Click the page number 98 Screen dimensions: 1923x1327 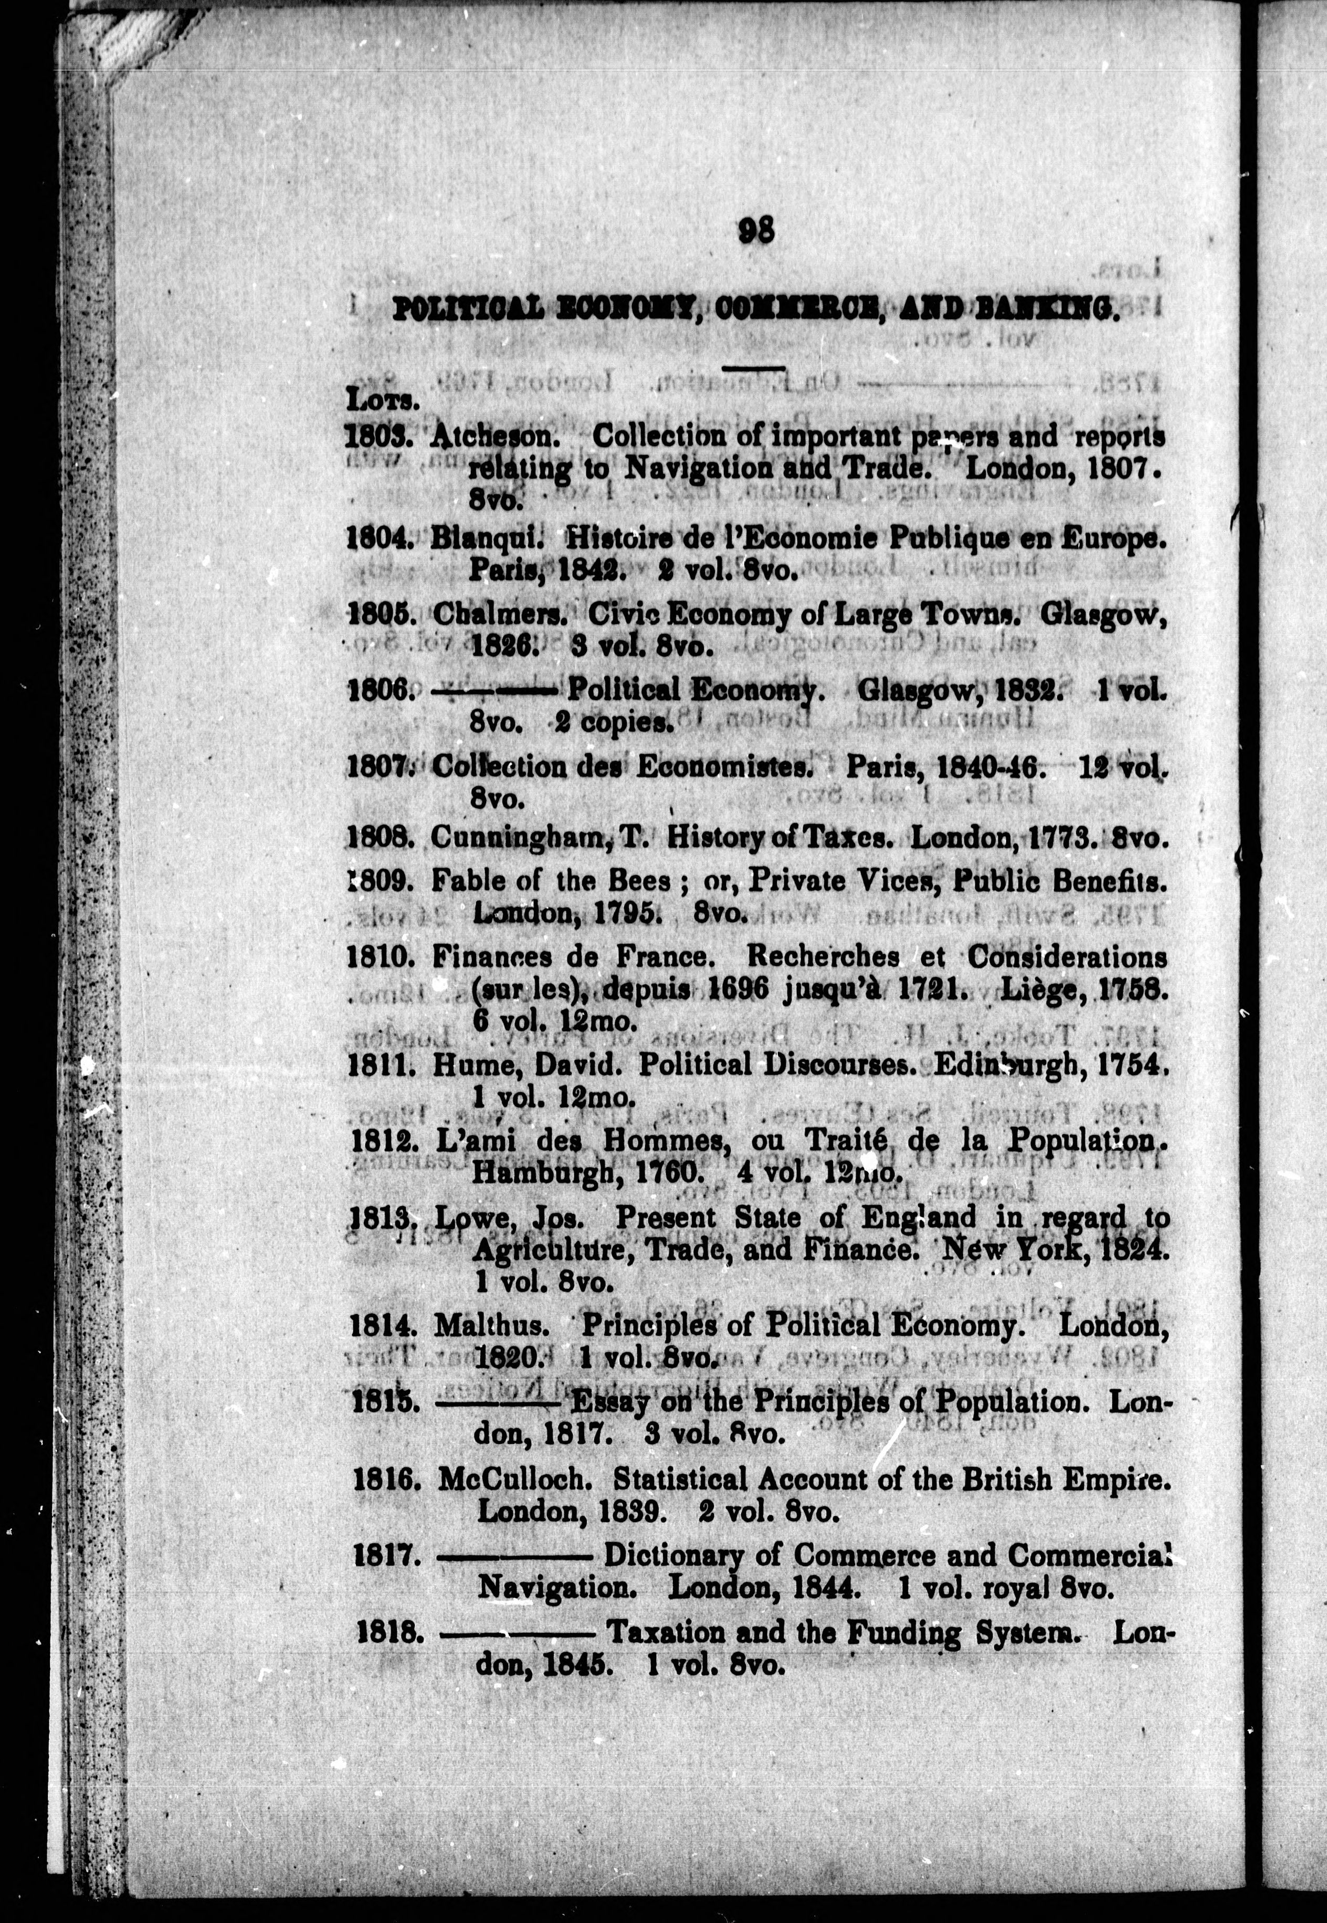756,229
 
